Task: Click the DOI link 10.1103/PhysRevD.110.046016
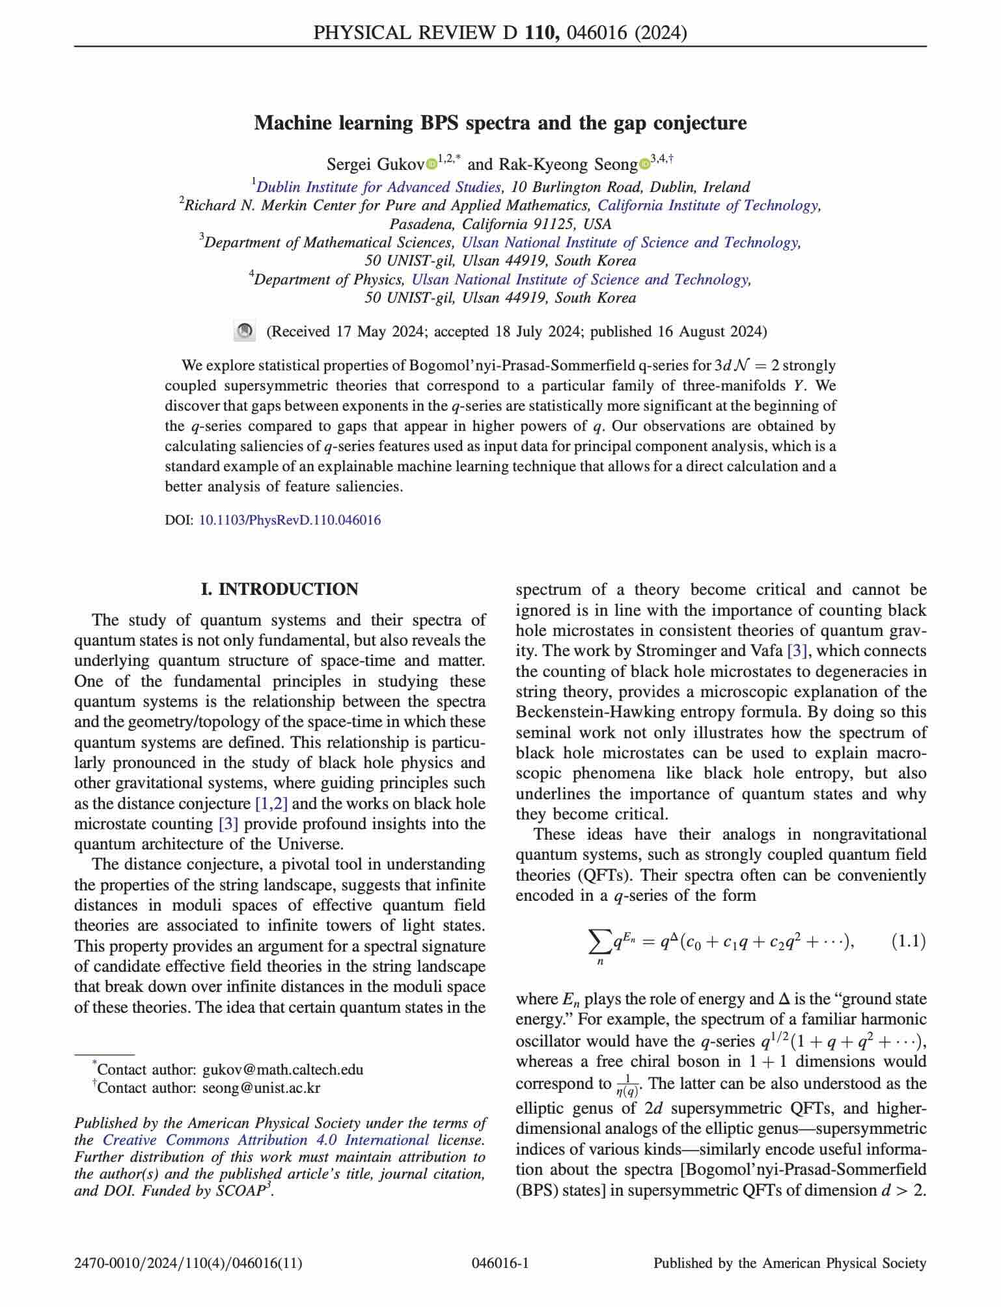tap(290, 520)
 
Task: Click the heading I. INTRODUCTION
tap(280, 589)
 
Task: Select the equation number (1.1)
tap(908, 941)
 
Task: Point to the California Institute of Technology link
tap(709, 206)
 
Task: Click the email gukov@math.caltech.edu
tap(283, 1069)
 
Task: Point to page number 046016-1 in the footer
tap(500, 1263)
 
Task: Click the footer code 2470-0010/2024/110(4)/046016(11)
tap(188, 1263)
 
